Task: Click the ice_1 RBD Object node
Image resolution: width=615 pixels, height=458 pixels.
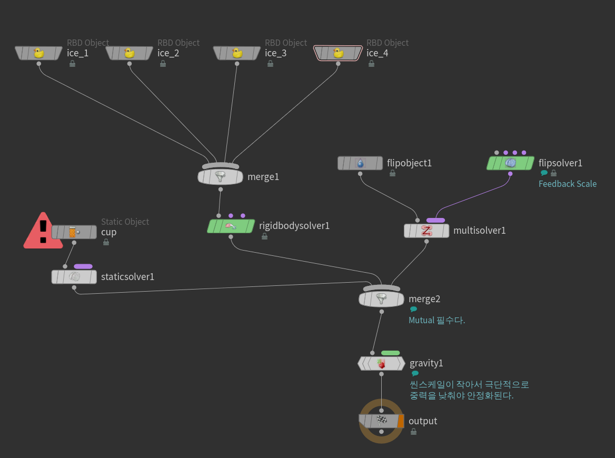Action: point(38,53)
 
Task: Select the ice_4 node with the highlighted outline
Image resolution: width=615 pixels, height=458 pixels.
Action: point(338,53)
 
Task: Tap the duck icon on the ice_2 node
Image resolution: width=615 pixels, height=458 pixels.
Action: point(130,53)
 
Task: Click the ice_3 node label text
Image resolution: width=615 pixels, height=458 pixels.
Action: point(275,53)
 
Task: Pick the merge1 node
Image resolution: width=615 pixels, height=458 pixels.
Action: point(220,176)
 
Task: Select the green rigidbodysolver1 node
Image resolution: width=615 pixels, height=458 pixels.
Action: point(231,226)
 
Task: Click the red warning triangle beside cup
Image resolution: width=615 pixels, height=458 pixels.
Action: point(43,232)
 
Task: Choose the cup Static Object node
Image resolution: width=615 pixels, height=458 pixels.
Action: point(74,232)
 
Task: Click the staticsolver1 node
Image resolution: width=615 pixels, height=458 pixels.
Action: point(74,276)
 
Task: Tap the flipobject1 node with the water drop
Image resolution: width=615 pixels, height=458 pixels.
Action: point(360,163)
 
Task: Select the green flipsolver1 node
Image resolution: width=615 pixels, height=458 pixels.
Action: point(510,163)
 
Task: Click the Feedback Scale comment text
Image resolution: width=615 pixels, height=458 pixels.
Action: point(567,184)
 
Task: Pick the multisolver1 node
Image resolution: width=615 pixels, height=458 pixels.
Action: point(426,231)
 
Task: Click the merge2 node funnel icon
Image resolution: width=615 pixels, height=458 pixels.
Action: point(381,299)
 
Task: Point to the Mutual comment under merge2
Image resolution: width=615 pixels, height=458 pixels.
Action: point(437,320)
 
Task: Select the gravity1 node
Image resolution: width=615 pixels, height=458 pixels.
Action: point(381,363)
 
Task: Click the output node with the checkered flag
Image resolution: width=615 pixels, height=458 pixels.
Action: point(381,421)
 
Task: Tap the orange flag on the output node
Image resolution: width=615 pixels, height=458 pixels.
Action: point(401,421)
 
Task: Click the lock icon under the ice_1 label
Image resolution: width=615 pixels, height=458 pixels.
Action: point(72,64)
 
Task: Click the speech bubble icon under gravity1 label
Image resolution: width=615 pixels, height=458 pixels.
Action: point(415,374)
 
